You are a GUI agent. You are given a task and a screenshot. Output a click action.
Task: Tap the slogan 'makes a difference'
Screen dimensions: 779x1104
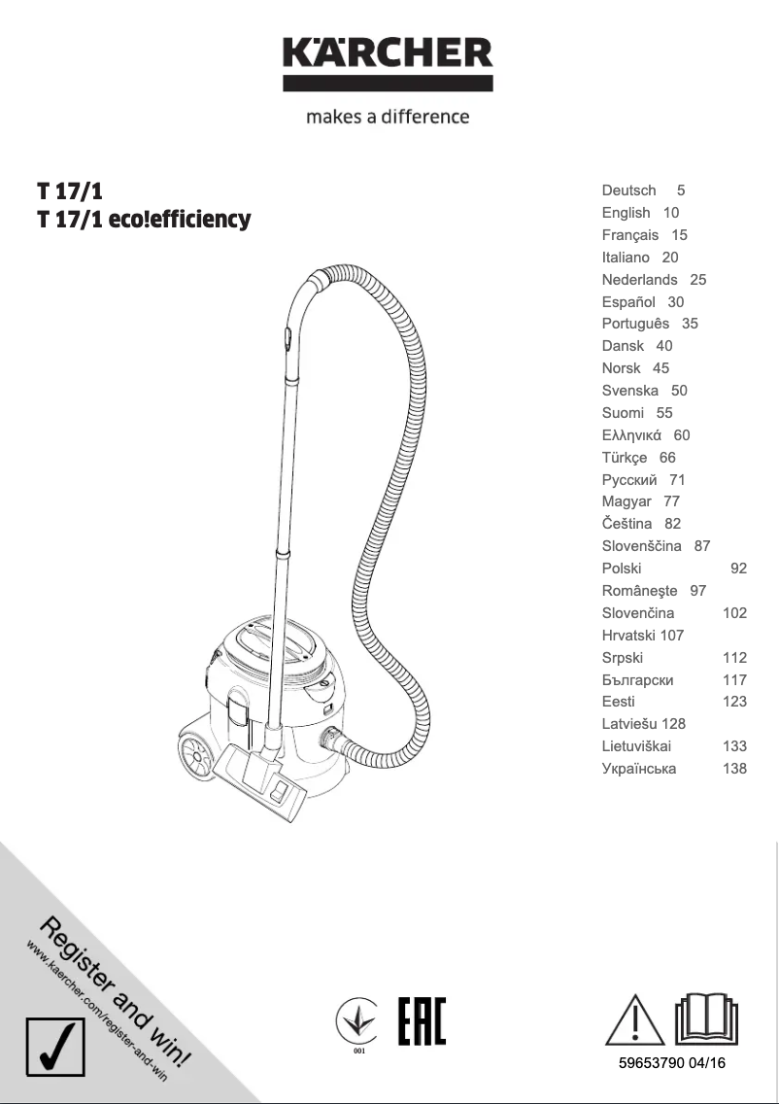pos(388,117)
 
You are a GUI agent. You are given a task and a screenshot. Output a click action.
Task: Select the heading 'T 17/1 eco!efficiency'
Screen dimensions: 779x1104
pos(144,220)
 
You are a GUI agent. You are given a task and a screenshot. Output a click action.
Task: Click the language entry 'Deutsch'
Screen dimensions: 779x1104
pos(628,190)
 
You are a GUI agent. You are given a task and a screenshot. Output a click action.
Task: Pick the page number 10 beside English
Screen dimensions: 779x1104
pos(671,213)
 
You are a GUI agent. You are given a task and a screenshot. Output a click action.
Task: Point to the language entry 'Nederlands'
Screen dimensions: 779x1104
pos(639,280)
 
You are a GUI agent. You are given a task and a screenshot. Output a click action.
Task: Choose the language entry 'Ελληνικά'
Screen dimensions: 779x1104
pos(631,435)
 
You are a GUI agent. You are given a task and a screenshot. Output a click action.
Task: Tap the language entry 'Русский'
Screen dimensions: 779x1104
pos(629,480)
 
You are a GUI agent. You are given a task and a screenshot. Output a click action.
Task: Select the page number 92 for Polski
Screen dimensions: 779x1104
pos(738,569)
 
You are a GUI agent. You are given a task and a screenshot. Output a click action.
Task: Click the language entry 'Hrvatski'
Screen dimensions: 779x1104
pos(628,636)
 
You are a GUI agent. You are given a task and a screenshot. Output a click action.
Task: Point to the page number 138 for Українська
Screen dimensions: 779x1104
pos(734,769)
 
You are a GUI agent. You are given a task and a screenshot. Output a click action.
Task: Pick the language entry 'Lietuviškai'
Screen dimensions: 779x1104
pos(636,746)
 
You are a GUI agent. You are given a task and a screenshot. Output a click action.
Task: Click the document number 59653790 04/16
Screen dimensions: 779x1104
pos(672,1063)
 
